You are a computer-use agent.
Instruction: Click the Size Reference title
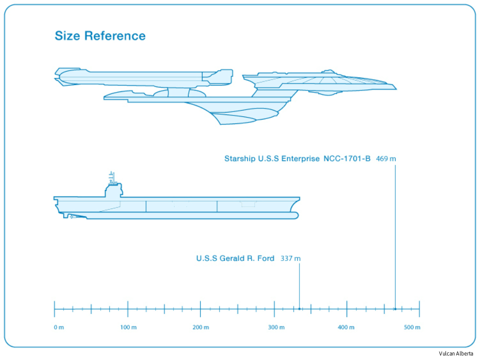click(100, 36)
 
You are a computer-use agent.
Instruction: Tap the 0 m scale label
click(59, 327)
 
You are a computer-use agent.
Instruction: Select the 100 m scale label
click(128, 327)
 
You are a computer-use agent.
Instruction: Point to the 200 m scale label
click(200, 327)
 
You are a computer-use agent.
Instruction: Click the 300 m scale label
click(274, 327)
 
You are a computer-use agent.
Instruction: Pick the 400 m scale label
click(346, 327)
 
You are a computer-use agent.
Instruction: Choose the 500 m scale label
click(412, 327)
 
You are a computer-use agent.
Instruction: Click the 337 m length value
click(290, 258)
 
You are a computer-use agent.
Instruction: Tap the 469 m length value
click(386, 158)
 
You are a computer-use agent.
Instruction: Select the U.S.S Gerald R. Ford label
click(235, 258)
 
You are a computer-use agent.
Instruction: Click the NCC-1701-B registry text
click(347, 158)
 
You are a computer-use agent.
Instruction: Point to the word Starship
click(239, 158)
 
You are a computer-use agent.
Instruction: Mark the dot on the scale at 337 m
click(299, 309)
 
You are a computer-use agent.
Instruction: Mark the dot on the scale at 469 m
click(395, 309)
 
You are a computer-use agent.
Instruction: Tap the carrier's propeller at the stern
click(71, 216)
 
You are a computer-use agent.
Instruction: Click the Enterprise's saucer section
click(325, 82)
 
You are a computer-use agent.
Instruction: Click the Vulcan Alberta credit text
click(456, 353)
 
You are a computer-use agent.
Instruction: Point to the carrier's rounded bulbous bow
click(295, 215)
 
